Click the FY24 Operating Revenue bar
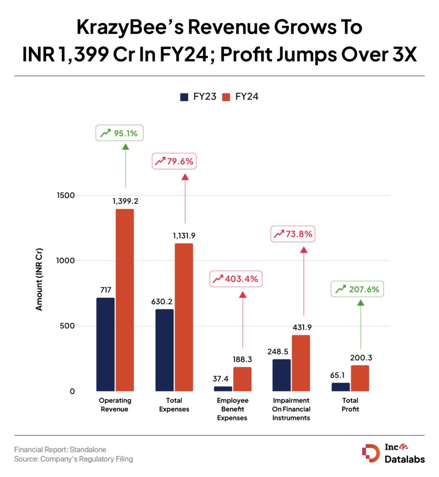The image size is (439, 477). [124, 300]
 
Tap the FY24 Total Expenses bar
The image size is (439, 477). [183, 317]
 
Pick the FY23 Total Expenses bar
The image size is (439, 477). [164, 350]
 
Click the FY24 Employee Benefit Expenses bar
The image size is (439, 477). [242, 379]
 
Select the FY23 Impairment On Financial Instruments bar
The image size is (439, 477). [282, 375]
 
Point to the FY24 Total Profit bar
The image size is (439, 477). [360, 378]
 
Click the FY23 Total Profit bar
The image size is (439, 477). [340, 386]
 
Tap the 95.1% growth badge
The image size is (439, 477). [119, 133]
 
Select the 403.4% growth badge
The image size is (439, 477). [236, 279]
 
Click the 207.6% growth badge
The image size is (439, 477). [357, 289]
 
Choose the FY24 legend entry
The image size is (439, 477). [240, 97]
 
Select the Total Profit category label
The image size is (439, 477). [350, 405]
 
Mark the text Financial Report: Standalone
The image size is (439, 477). [60, 450]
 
